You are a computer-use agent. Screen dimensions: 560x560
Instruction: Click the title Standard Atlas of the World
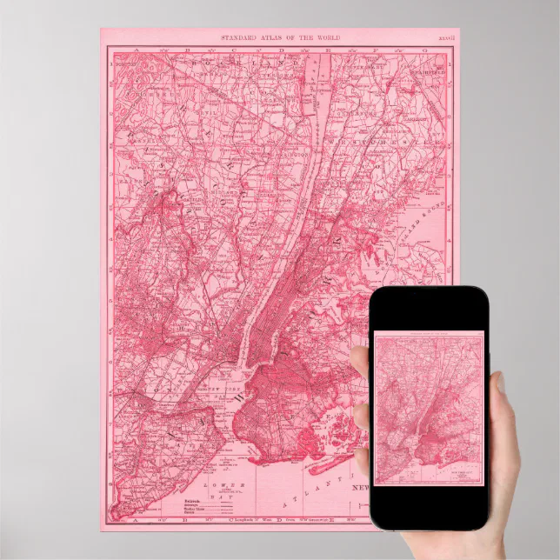point(280,38)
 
